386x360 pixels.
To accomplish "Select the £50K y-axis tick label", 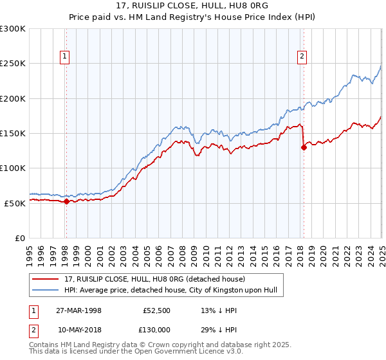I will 15,203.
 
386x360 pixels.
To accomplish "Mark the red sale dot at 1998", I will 67,201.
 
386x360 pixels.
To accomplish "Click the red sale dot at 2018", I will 304,147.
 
